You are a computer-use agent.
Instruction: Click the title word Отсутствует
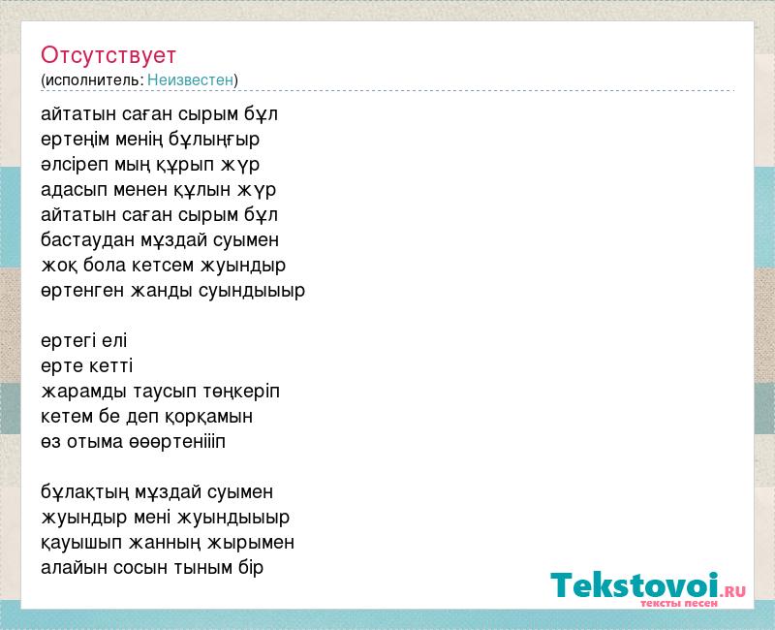tap(108, 55)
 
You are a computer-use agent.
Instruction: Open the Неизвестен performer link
tap(190, 79)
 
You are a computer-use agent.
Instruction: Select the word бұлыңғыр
tap(214, 140)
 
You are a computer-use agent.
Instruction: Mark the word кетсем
tap(163, 266)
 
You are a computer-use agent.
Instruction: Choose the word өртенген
tap(82, 291)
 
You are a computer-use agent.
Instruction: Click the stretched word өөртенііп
tap(177, 442)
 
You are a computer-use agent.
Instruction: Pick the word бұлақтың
tap(78, 492)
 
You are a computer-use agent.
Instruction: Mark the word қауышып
tap(81, 543)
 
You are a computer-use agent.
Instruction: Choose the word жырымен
tap(251, 543)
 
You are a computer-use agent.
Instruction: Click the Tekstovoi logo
tap(647, 585)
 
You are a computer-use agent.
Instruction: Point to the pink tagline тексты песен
tap(679, 603)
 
